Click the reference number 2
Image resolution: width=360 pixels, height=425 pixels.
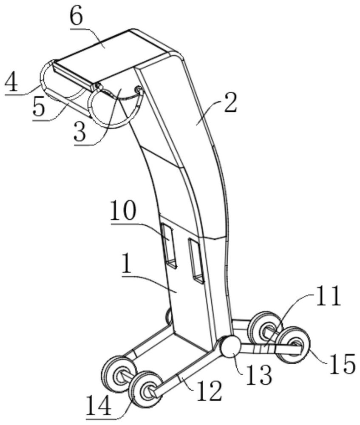230,103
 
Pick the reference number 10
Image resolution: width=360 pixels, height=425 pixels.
124,211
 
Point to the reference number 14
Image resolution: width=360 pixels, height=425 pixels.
99,405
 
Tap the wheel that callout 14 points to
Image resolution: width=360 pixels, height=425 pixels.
145,388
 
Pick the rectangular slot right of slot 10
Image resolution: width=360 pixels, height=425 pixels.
196,260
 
